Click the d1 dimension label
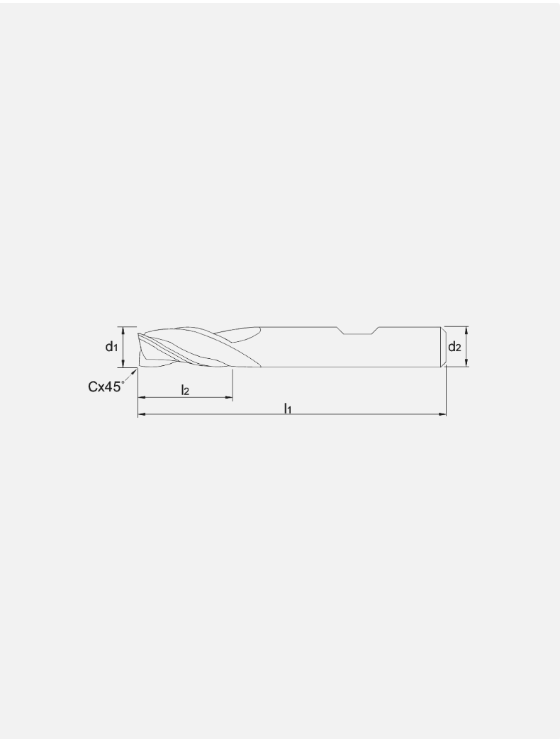pyautogui.click(x=111, y=347)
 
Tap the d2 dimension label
pyautogui.click(x=454, y=347)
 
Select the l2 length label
pyautogui.click(x=185, y=389)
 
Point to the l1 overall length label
pyautogui.click(x=288, y=407)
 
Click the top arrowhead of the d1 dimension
pyautogui.click(x=124, y=330)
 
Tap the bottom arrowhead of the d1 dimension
pyautogui.click(x=124, y=364)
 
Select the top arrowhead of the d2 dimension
pyautogui.click(x=466, y=330)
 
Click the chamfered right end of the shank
pyautogui.click(x=443, y=347)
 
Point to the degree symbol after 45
pyautogui.click(x=123, y=382)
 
